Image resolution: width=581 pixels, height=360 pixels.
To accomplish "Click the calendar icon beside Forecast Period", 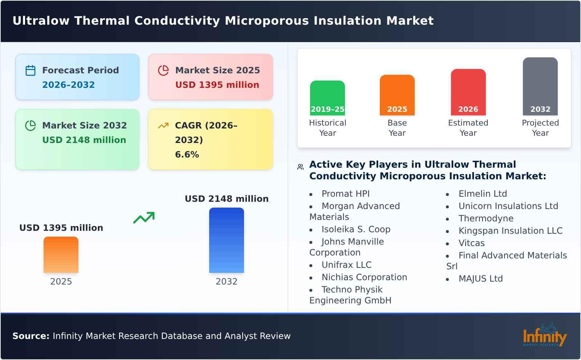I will pyautogui.click(x=31, y=70).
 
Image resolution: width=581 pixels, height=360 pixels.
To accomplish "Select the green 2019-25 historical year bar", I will pyautogui.click(x=327, y=98).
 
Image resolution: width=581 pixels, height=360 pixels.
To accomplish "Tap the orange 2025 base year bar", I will pyautogui.click(x=397, y=95).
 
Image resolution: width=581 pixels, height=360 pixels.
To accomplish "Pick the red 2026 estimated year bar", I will pyautogui.click(x=468, y=92).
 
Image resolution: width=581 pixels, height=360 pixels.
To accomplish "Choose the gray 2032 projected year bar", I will pyautogui.click(x=540, y=86).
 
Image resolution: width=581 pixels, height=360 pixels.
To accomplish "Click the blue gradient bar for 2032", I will pyautogui.click(x=226, y=240).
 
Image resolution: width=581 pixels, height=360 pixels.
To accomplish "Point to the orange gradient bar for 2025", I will pyautogui.click(x=61, y=254).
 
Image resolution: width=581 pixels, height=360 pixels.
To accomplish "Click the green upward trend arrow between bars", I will pyautogui.click(x=144, y=218).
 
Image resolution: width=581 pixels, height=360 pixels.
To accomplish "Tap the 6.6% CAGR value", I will pyautogui.click(x=187, y=155).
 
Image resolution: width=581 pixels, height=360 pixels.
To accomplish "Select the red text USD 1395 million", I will pyautogui.click(x=217, y=85).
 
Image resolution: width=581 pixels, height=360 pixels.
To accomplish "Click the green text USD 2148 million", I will pyautogui.click(x=84, y=140).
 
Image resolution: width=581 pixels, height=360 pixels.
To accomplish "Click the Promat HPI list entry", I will pyautogui.click(x=345, y=194).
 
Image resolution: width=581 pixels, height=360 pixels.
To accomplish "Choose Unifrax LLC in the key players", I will pyautogui.click(x=346, y=265).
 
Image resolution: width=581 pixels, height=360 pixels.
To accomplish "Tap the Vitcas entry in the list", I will pyautogui.click(x=471, y=243).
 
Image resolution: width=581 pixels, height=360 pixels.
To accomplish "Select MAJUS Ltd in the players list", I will pyautogui.click(x=480, y=279).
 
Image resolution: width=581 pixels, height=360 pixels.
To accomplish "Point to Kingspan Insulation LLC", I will pyautogui.click(x=510, y=231).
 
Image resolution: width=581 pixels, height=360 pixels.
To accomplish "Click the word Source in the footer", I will pyautogui.click(x=31, y=336).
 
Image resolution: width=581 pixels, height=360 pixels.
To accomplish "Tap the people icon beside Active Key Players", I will pyautogui.click(x=300, y=167).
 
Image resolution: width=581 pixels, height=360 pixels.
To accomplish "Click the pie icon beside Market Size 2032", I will pyautogui.click(x=31, y=126).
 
